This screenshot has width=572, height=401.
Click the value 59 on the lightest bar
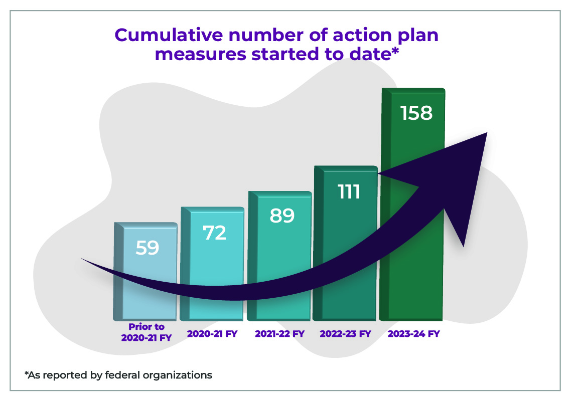(147, 248)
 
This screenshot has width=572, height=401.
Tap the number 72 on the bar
(214, 233)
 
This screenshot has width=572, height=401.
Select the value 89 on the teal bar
(281, 216)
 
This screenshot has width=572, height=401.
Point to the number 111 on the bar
(349, 191)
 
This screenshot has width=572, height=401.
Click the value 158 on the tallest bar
(416, 113)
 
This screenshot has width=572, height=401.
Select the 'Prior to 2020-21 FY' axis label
(146, 332)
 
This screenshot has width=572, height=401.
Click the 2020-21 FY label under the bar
(212, 334)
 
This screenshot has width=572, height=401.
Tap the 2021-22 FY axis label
(279, 334)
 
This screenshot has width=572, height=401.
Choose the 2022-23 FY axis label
(345, 334)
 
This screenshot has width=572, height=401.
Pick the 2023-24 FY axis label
(413, 334)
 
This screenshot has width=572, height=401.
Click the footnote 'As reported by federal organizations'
(118, 375)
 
